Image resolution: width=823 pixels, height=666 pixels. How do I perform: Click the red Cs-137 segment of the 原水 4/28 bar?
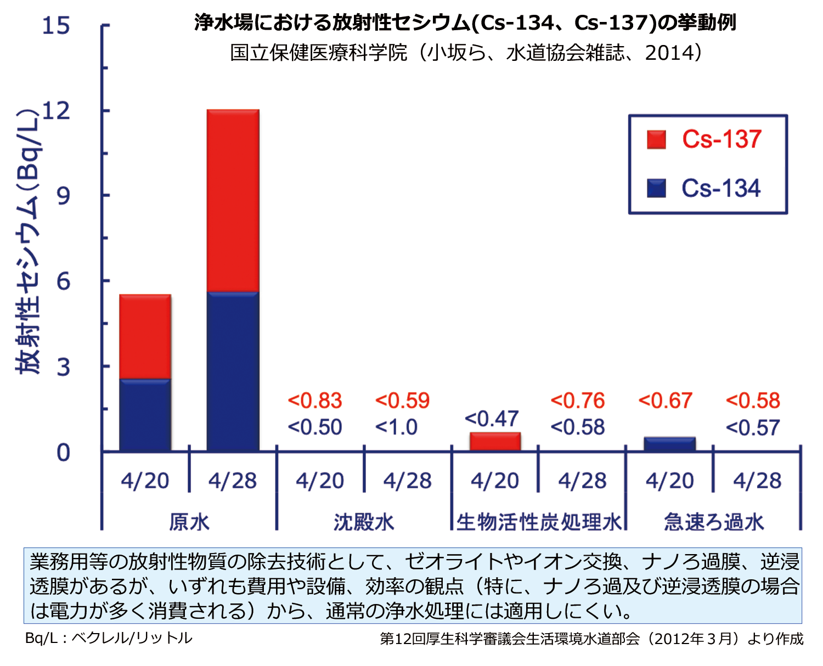(233, 200)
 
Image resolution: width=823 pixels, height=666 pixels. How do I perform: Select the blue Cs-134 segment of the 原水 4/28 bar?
(233, 372)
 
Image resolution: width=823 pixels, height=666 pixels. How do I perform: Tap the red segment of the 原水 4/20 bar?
(145, 336)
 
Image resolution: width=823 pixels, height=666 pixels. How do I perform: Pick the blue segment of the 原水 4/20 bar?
(145, 415)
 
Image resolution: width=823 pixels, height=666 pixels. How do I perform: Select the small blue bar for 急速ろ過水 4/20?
(669, 444)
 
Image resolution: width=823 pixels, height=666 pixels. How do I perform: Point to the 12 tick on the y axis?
(57, 111)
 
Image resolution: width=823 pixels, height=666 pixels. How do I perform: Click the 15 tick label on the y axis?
(57, 25)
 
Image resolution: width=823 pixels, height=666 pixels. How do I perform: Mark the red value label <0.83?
(315, 401)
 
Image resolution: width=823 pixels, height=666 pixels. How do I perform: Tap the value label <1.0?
(396, 427)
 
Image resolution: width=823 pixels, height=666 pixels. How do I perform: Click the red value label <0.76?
(577, 401)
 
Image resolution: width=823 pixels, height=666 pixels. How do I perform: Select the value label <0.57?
(752, 428)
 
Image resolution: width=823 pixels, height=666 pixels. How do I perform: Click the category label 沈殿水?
(364, 522)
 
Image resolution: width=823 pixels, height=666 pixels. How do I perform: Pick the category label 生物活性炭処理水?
(539, 522)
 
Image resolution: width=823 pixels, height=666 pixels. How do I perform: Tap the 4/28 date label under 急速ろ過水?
(757, 481)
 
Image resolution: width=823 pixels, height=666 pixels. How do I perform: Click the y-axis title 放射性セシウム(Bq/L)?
(29, 241)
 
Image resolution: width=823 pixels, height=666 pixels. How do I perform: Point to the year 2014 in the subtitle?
(669, 53)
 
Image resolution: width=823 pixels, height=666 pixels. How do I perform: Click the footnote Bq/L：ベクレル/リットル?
(109, 638)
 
